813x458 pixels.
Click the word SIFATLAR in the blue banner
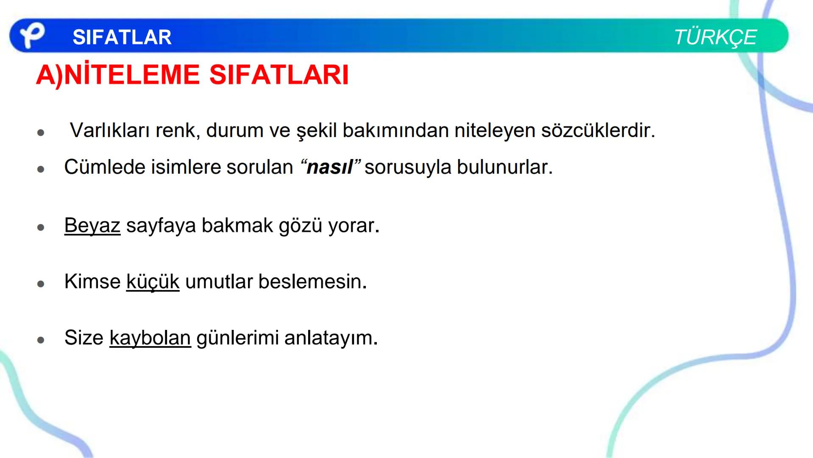122,37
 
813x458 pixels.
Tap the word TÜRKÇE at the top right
715,37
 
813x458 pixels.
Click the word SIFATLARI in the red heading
279,75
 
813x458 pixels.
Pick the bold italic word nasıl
329,167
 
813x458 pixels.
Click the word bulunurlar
504,167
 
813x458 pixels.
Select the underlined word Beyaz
92,225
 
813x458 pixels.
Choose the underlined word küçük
153,282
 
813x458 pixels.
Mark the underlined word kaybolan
150,338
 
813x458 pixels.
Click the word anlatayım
330,338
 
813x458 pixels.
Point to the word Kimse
92,282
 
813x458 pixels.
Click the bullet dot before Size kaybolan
41,340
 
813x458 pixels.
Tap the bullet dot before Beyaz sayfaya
41,228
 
